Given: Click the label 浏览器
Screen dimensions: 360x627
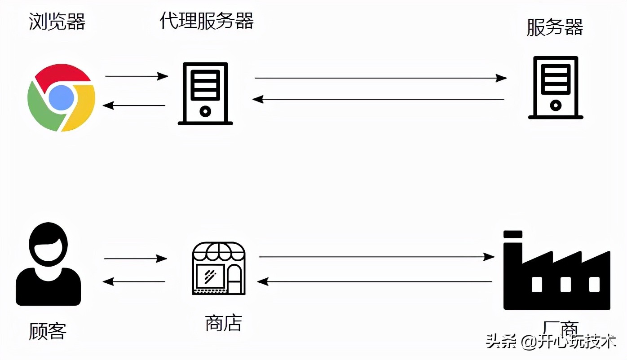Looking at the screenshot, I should tap(57, 22).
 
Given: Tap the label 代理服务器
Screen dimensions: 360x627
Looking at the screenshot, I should tap(207, 21).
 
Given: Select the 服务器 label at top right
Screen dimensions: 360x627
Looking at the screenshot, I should tap(555, 27).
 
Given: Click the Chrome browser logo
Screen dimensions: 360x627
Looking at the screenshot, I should tap(61, 98).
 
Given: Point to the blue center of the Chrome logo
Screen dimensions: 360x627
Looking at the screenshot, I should tap(61, 98).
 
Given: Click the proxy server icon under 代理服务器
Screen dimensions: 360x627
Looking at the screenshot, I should tap(205, 93).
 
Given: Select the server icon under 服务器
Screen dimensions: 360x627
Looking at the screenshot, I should tap(556, 88).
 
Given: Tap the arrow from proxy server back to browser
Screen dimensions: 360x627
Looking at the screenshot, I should tap(134, 105).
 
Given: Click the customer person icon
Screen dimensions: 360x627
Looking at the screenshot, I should tap(48, 264).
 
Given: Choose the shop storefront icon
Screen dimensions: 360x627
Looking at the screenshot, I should tap(219, 268).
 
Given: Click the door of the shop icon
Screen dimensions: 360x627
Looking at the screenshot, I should tap(234, 278).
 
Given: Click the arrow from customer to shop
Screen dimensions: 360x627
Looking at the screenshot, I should tap(135, 259).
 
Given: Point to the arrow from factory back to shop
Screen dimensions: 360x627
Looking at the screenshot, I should tap(375, 281).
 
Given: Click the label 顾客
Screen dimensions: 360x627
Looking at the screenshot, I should tap(48, 331).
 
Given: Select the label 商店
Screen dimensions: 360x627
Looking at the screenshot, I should tap(223, 323).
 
